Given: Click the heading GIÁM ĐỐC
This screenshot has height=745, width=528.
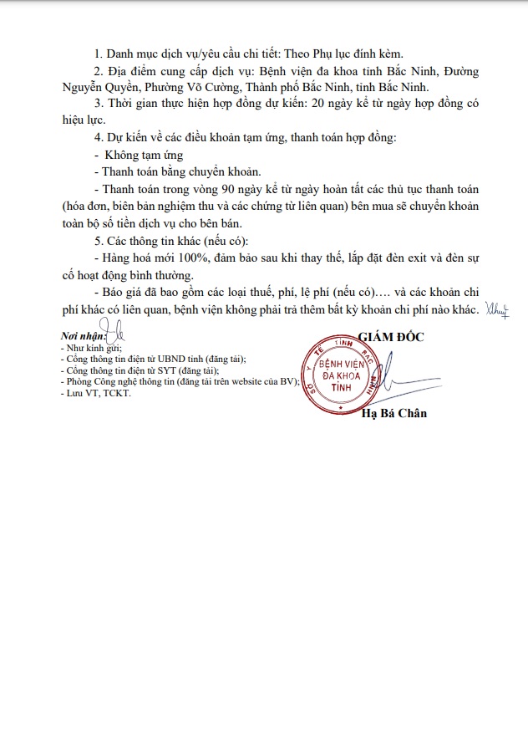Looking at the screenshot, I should [x=392, y=336].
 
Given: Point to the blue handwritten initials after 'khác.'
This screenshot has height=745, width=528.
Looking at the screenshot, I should [x=497, y=309].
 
